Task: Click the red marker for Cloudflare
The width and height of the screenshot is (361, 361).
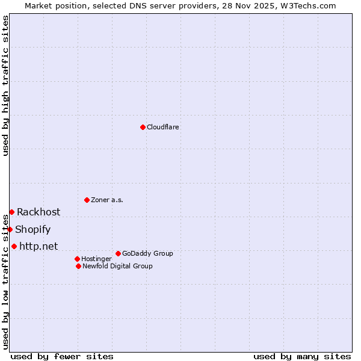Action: [143, 127]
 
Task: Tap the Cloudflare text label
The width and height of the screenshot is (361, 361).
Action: [162, 127]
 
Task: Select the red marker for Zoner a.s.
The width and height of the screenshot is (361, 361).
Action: [87, 200]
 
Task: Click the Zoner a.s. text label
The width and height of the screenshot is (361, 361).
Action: [107, 200]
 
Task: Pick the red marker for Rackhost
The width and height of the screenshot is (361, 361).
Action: [11, 212]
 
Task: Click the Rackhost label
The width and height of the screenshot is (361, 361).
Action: [39, 212]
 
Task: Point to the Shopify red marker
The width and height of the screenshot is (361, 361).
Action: [10, 229]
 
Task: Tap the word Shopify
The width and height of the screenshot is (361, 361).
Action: [32, 229]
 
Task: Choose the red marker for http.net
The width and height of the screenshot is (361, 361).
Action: [14, 246]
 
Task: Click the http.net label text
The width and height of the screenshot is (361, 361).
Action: [39, 246]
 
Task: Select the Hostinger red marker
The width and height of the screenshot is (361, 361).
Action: [77, 259]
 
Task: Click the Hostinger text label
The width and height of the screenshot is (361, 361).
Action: [96, 259]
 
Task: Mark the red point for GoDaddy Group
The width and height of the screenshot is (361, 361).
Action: [118, 253]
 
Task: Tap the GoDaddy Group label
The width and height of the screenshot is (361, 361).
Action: [147, 253]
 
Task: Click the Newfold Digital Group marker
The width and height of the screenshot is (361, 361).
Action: [78, 266]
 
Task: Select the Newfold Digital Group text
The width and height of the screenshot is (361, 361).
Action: [117, 266]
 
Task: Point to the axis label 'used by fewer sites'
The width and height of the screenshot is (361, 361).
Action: [62, 356]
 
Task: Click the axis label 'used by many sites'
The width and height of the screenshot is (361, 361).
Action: [302, 356]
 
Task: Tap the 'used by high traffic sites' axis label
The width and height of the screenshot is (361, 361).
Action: [5, 85]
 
